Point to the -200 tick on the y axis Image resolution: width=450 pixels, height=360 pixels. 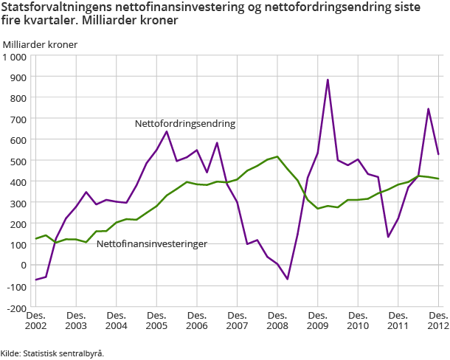pyautogui.click(x=16, y=307)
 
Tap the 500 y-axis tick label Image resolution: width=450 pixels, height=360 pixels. pyautogui.click(x=19, y=161)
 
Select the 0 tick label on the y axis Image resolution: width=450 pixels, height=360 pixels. pyautogui.click(x=24, y=265)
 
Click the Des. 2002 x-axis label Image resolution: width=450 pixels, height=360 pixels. pyautogui.click(x=35, y=320)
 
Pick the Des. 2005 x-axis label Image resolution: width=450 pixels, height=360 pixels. pyautogui.click(x=156, y=320)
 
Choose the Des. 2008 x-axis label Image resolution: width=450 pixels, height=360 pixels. pyautogui.click(x=277, y=320)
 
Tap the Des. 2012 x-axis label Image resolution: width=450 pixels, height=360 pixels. pyautogui.click(x=438, y=320)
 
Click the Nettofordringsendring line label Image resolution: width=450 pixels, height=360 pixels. pyautogui.click(x=185, y=124)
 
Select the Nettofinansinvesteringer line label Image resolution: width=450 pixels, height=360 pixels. pyautogui.click(x=151, y=243)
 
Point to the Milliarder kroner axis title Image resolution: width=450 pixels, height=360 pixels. pyautogui.click(x=40, y=44)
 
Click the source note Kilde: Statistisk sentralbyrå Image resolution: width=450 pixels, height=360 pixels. pyautogui.click(x=52, y=353)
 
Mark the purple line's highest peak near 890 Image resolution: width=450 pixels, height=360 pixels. pyautogui.click(x=328, y=80)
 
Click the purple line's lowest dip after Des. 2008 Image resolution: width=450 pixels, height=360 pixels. pyautogui.click(x=288, y=279)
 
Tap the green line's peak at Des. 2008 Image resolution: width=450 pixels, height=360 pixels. pyautogui.click(x=277, y=156)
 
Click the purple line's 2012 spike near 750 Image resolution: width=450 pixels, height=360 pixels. pyautogui.click(x=429, y=109)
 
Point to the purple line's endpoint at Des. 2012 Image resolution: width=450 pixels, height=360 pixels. pyautogui.click(x=439, y=154)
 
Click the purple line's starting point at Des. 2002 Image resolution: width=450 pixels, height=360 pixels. pyautogui.click(x=36, y=280)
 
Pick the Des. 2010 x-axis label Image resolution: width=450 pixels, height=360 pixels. pyautogui.click(x=358, y=320)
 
